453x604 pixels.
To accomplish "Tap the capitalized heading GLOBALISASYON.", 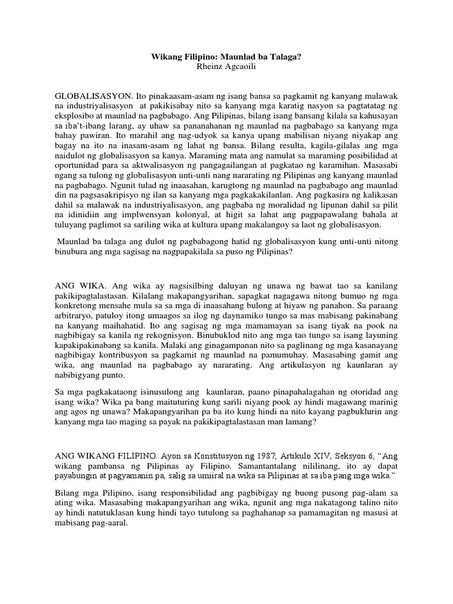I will coord(93,95).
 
